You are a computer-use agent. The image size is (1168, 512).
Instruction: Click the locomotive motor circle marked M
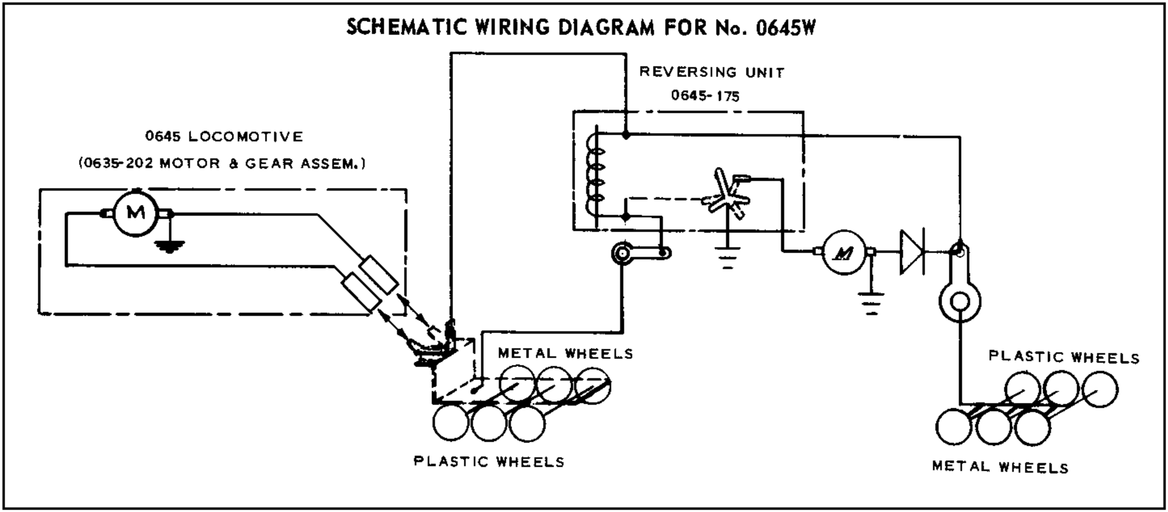(135, 213)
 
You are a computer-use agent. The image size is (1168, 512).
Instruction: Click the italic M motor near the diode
(844, 252)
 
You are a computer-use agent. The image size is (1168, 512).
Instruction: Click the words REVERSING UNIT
(712, 72)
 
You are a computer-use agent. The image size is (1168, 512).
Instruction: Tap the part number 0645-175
(705, 96)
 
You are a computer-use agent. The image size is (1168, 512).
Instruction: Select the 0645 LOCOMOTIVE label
(224, 137)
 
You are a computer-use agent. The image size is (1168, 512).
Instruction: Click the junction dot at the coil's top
(626, 135)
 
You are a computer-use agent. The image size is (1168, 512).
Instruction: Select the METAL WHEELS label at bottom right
(1000, 467)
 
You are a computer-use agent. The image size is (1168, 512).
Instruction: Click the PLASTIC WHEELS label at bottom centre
(489, 462)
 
